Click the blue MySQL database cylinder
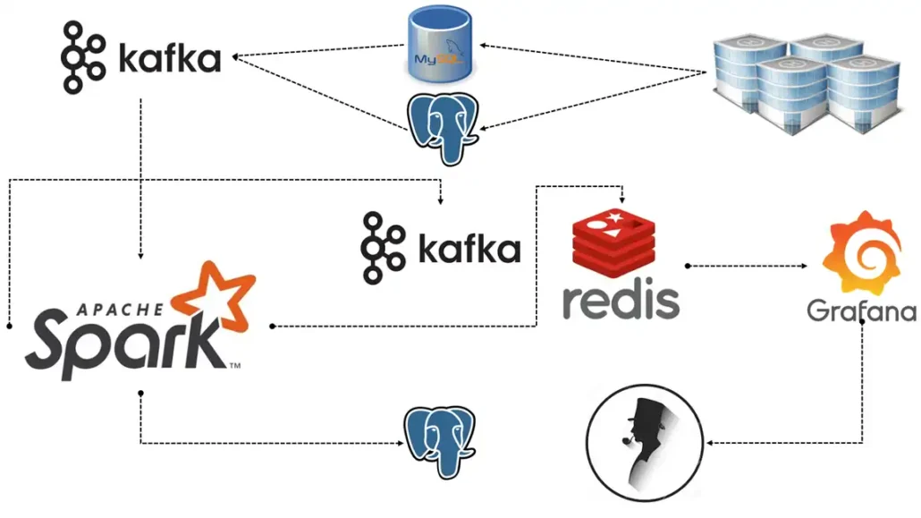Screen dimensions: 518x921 click(x=442, y=42)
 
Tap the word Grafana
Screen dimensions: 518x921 click(x=861, y=310)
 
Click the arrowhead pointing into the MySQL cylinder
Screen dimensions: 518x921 click(x=484, y=44)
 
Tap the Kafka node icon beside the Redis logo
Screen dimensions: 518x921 click(x=380, y=248)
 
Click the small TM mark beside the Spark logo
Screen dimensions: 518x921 click(x=234, y=367)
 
